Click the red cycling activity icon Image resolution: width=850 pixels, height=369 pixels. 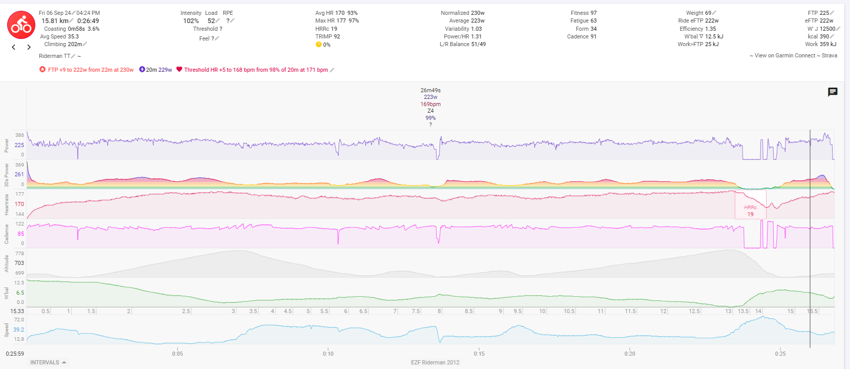tap(21, 25)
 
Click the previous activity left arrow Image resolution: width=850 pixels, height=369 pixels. tap(14, 47)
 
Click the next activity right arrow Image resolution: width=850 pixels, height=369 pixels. tap(29, 47)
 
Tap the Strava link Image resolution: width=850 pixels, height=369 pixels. tap(829, 55)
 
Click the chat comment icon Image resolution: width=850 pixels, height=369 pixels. tap(833, 92)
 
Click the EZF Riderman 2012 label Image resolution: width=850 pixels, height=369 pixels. tap(435, 362)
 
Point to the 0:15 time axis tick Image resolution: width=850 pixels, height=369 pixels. tap(479, 354)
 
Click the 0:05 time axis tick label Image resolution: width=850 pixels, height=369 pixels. tap(178, 354)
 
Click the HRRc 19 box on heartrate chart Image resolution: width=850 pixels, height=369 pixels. tap(750, 211)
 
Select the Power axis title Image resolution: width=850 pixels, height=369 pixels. tap(7, 145)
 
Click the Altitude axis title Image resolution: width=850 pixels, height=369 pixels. tap(7, 263)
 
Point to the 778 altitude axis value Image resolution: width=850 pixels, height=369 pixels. tap(19, 254)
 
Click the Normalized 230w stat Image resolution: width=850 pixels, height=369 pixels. tap(463, 13)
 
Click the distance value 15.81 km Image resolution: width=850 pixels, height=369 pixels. tap(55, 21)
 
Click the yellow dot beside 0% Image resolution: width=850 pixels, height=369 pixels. tap(318, 45)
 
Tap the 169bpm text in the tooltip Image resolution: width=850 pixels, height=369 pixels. tap(430, 104)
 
